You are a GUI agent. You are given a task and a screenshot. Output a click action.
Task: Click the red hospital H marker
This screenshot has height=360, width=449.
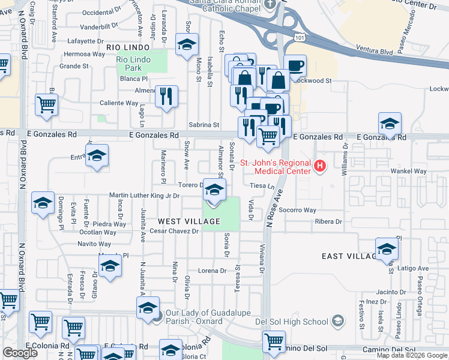(320, 165)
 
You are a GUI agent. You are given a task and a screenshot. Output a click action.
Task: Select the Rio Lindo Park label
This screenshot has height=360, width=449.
(129, 64)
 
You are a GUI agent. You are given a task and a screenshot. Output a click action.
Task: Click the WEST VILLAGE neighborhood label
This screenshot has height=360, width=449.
(189, 221)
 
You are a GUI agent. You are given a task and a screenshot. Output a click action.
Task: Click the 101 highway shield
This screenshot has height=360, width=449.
(298, 37)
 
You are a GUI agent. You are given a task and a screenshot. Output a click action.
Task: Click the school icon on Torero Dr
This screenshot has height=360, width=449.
(214, 190)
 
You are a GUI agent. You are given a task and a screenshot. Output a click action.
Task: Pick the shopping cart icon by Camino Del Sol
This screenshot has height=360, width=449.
(274, 341)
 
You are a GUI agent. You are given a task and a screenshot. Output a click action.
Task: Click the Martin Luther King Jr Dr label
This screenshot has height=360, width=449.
(145, 196)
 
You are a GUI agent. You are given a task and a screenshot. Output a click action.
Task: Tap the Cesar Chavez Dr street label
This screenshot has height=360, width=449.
(174, 231)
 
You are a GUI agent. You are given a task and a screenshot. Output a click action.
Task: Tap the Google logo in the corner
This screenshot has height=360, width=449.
(20, 353)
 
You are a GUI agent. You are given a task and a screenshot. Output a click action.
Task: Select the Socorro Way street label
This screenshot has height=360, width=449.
(297, 211)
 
